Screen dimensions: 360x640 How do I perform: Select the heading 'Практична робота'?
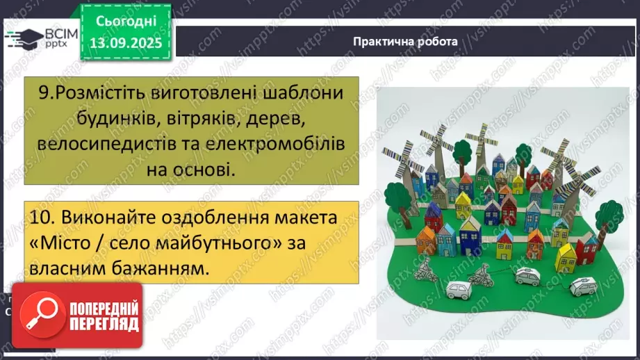pyautogui.click(x=405, y=41)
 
